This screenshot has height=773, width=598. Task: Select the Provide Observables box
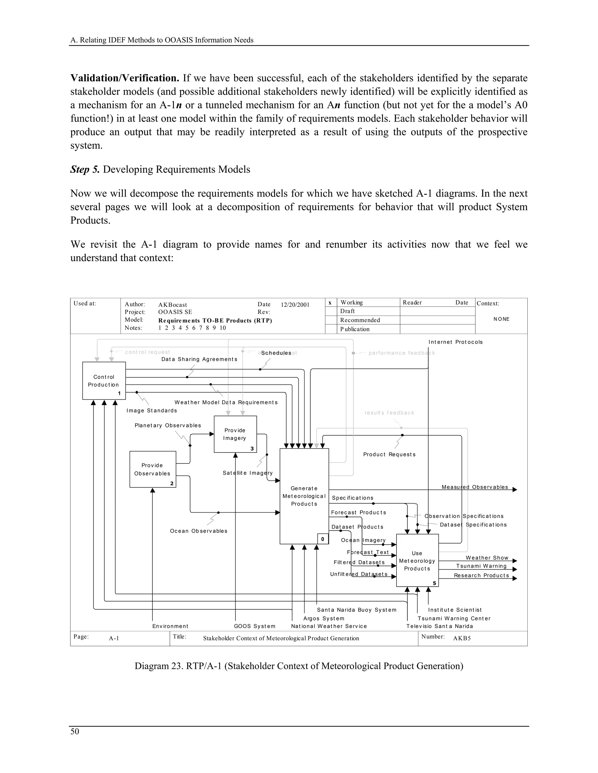152,469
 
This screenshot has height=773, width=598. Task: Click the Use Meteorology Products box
417,561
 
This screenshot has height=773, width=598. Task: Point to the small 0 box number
322,539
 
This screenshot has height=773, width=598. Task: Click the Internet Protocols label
455,342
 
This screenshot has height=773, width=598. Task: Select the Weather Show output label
487,558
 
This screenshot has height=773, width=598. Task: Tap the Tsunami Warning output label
481,566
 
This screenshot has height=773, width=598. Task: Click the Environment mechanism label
170,626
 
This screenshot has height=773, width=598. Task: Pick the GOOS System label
254,626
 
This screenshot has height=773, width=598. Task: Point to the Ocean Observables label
198,531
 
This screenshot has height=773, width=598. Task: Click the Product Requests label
389,454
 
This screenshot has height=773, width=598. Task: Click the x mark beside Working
330,302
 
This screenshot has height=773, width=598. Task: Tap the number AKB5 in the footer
462,638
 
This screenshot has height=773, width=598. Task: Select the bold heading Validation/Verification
125,78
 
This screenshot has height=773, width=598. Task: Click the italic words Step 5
85,169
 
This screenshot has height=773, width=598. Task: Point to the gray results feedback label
389,413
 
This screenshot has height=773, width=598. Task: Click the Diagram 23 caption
299,666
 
